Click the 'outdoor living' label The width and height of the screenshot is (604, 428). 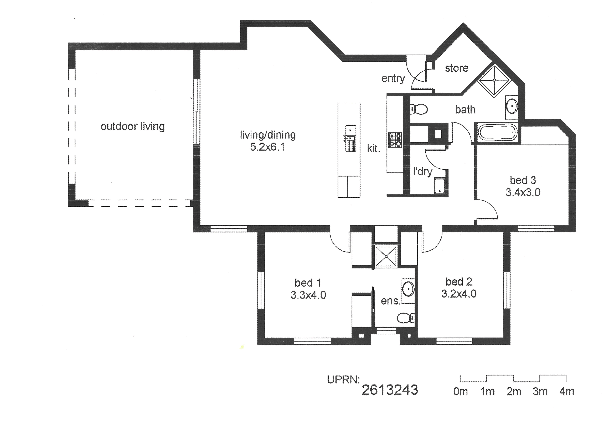click(133, 127)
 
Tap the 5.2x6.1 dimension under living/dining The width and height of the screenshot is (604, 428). click(267, 147)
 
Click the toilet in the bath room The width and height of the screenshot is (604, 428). click(419, 109)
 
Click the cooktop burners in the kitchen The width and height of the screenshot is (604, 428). click(395, 140)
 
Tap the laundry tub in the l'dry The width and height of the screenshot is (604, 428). click(440, 186)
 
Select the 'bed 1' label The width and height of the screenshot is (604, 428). click(308, 283)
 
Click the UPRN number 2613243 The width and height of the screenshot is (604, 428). click(390, 390)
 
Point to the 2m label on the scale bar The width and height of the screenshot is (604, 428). click(514, 392)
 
